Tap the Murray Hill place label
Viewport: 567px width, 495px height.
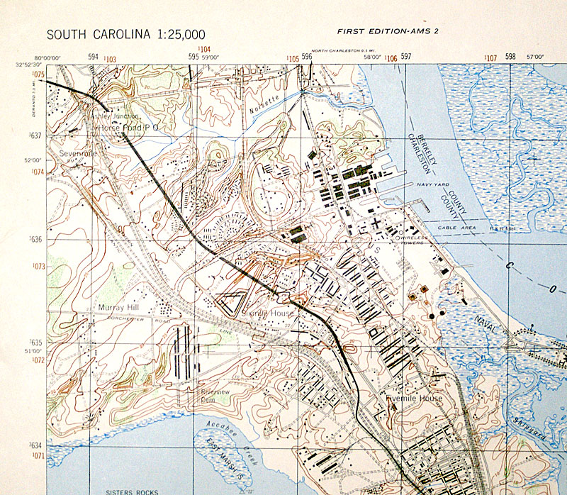pyautogui.click(x=118, y=308)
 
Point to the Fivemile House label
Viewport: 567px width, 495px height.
pyautogui.click(x=415, y=399)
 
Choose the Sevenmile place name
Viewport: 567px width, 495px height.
pyautogui.click(x=78, y=152)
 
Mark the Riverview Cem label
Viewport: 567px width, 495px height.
pyautogui.click(x=215, y=395)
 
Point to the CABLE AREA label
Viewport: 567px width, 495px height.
pyautogui.click(x=454, y=227)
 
